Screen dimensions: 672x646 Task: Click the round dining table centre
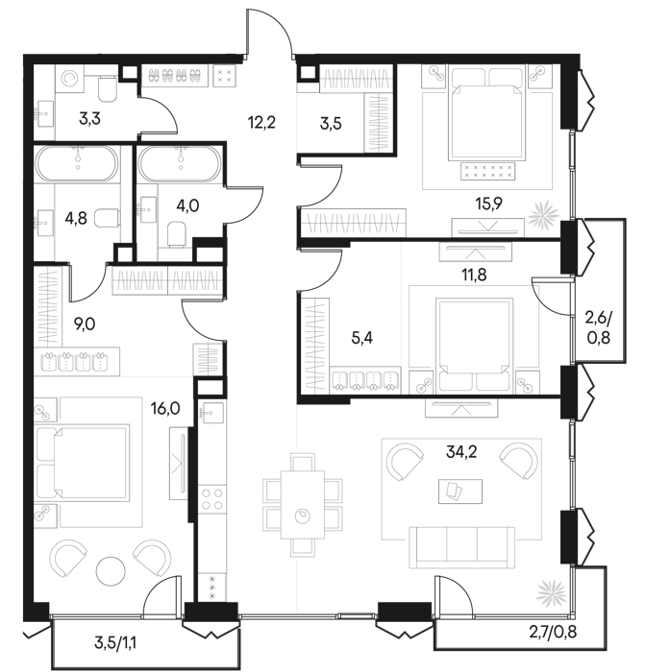coord(303,516)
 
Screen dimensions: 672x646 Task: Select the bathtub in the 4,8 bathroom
coord(78,164)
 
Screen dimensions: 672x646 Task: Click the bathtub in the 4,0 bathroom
coord(180,164)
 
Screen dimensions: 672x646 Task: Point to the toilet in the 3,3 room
coord(109,87)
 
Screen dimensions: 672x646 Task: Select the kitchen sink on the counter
coord(211,414)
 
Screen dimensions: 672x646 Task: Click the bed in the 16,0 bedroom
coord(81,463)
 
